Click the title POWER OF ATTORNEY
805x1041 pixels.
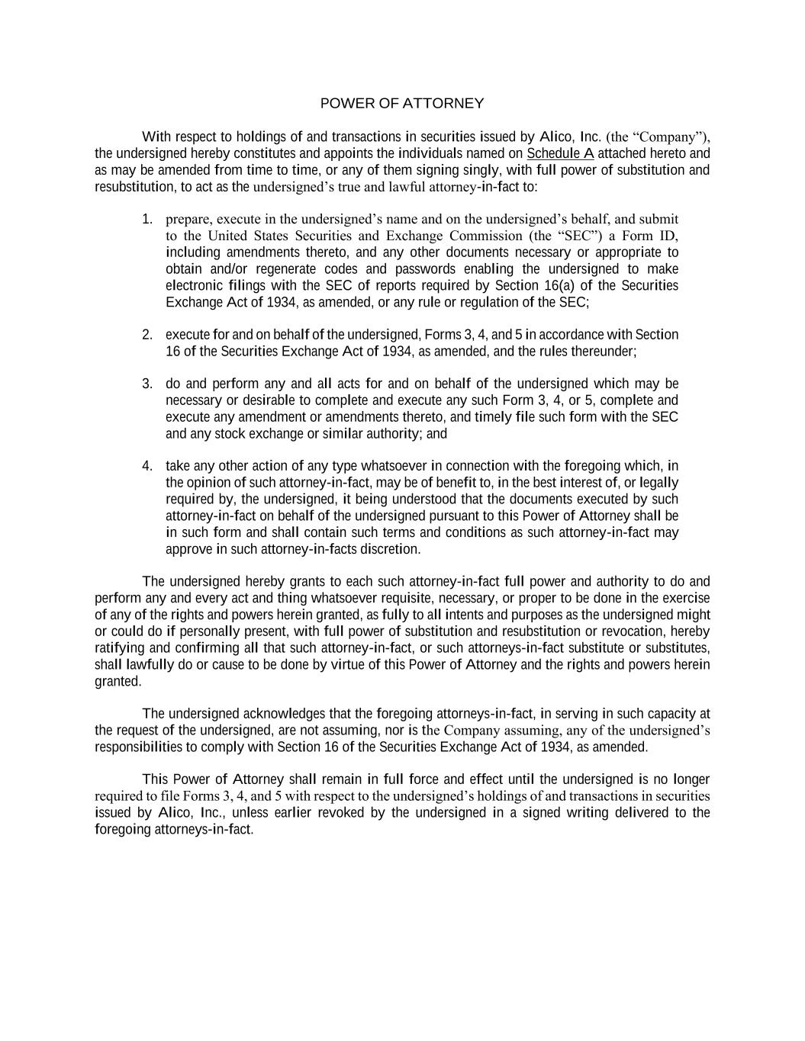[x=401, y=103]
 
